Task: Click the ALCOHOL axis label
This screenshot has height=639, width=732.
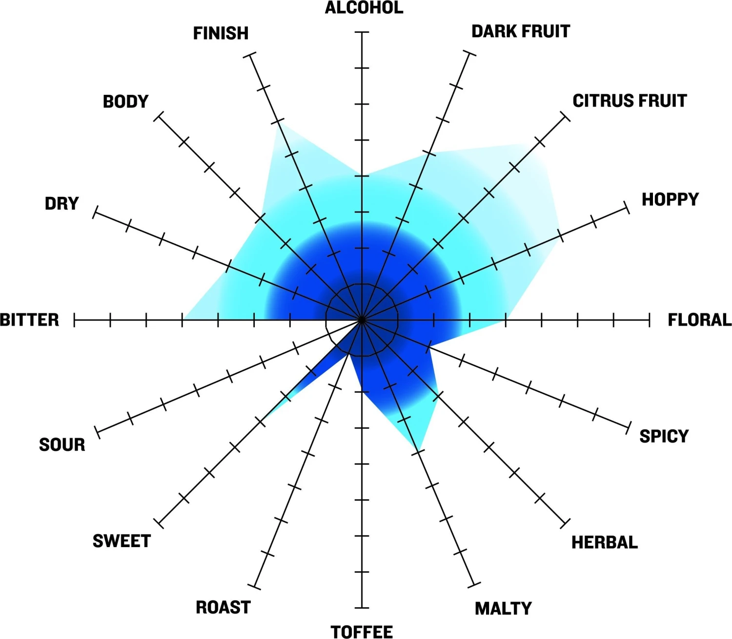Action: point(364,8)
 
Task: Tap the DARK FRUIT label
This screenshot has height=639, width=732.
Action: point(521,32)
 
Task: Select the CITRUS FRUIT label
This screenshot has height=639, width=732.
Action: point(630,101)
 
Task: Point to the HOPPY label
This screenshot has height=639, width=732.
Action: point(670,199)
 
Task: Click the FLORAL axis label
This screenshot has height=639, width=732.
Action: point(700,320)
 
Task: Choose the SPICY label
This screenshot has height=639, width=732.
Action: point(664,436)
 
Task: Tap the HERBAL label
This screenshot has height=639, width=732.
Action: point(605,542)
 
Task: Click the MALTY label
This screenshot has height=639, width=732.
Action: point(504,609)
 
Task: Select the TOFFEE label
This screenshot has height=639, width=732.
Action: point(362,632)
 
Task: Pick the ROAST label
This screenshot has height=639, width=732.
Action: point(223,607)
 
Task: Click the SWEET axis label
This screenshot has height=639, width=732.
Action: point(122,541)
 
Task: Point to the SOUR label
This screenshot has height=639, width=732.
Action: point(62,445)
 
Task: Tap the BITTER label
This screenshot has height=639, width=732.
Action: point(29,320)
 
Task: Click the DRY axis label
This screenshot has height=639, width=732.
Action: point(61,203)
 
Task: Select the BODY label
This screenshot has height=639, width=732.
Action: point(125,101)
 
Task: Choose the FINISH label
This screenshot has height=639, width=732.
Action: point(221,33)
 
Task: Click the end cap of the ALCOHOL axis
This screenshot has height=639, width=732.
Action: point(362,32)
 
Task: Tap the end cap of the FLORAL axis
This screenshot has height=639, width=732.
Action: point(650,319)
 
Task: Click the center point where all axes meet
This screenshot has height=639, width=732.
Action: point(362,320)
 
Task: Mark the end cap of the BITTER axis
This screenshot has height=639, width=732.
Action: point(74,319)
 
